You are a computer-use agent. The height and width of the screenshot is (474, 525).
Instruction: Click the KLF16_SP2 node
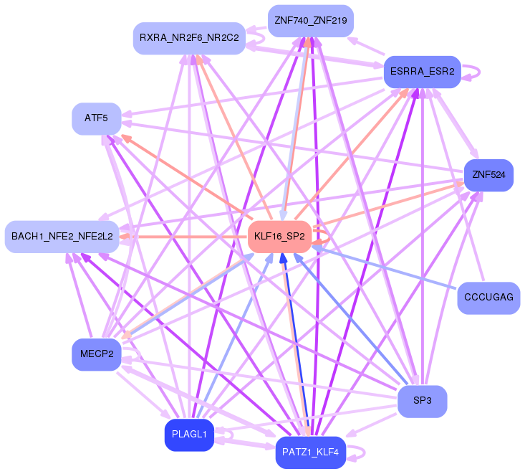tap(279, 236)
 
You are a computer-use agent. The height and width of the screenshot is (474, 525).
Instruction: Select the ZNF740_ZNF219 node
tap(310, 21)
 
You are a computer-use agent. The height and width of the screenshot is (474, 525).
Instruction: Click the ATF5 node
tap(96, 118)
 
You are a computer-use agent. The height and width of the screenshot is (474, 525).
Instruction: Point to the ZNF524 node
tap(489, 175)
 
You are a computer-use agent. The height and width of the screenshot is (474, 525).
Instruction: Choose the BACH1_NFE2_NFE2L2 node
tap(62, 236)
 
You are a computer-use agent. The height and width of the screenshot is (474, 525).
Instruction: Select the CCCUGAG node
tap(488, 298)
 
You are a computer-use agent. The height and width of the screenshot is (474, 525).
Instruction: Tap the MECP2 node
tap(97, 354)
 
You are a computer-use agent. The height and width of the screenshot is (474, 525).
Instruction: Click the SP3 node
tap(422, 401)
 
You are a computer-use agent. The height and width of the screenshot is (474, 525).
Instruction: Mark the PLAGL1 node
tap(189, 435)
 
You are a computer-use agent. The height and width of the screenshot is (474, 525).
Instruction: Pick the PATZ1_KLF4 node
tap(310, 452)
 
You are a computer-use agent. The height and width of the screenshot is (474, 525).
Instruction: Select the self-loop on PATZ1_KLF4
tap(360, 452)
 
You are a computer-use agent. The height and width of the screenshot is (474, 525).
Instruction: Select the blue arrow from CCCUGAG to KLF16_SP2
tap(387, 267)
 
